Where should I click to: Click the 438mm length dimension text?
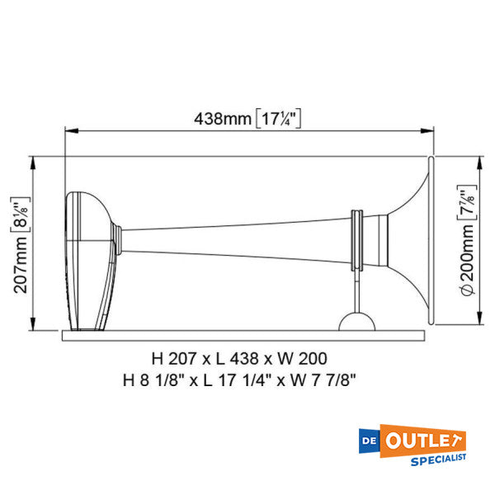click(x=222, y=118)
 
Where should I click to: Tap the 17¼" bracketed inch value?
click(x=277, y=118)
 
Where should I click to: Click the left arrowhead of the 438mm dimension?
click(x=70, y=130)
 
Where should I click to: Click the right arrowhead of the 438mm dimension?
click(x=430, y=130)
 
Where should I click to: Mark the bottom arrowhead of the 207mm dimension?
click(x=33, y=327)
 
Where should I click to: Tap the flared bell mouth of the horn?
click(x=417, y=239)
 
